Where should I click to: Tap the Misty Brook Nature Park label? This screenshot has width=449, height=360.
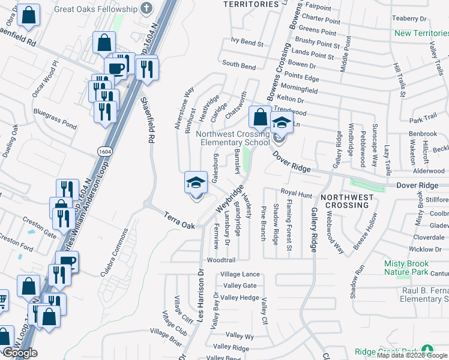406,268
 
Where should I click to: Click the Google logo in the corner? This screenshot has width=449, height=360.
20,353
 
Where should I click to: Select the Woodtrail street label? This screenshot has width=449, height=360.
220,260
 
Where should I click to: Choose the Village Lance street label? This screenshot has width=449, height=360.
240,274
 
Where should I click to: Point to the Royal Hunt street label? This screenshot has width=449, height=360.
296,194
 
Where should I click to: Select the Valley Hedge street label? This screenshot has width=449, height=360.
240,298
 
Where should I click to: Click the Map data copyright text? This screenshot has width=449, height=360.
412,355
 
